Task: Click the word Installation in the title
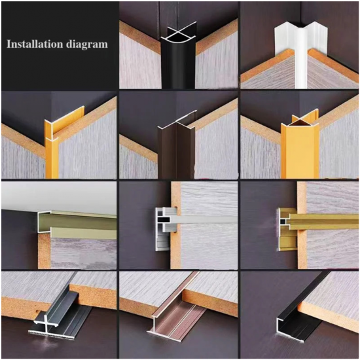tap(35, 44)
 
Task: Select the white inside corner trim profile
tap(301, 55)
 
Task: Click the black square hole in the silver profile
tap(164, 220)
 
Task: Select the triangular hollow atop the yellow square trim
tap(300, 123)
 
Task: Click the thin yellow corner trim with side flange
tap(53, 147)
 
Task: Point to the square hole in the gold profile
tap(283, 221)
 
